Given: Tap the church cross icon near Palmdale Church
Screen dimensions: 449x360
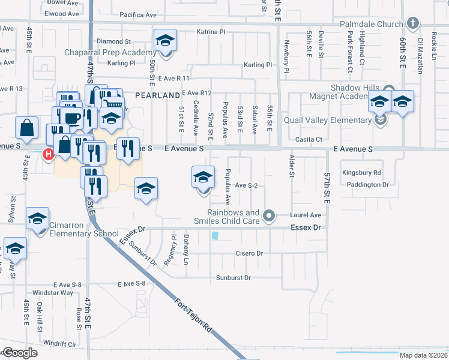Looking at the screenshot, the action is pyautogui.click(x=412, y=24).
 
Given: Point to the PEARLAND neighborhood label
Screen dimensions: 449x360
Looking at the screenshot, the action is pyautogui.click(x=157, y=95).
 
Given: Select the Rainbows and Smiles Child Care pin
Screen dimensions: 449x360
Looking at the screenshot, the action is pyautogui.click(x=270, y=215).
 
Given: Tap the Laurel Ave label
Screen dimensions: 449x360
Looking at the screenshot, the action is pyautogui.click(x=306, y=215).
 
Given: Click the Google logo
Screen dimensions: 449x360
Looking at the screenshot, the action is pyautogui.click(x=20, y=353).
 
